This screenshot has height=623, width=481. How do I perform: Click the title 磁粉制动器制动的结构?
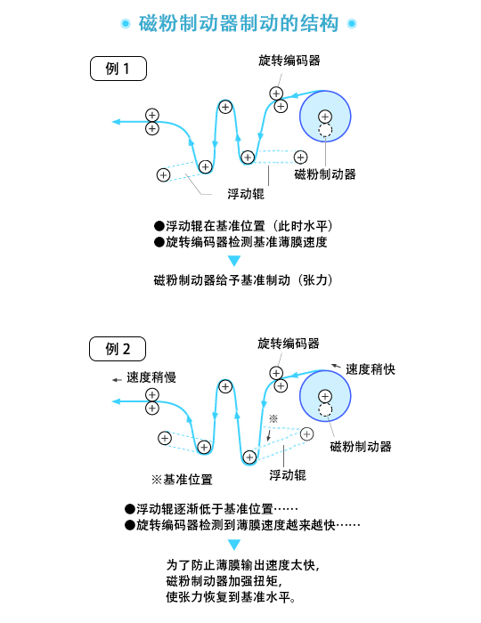pyautogui.click(x=239, y=23)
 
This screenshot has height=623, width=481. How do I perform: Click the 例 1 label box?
pyautogui.click(x=118, y=69)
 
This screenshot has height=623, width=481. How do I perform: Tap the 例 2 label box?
pyautogui.click(x=118, y=349)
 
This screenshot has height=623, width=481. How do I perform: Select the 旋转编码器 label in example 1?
pyautogui.click(x=289, y=61)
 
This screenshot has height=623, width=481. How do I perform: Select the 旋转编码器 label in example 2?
pyautogui.click(x=289, y=344)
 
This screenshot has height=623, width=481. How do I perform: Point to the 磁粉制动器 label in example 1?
pyautogui.click(x=325, y=174)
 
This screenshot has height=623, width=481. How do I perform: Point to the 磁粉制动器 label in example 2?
pyautogui.click(x=361, y=446)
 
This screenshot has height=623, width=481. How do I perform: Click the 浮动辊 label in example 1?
pyautogui.click(x=246, y=193)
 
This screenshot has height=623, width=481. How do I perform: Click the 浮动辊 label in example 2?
pyautogui.click(x=288, y=474)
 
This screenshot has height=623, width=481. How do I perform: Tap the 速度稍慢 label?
pyautogui.click(x=151, y=377)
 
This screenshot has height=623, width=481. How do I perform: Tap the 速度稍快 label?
pyautogui.click(x=371, y=369)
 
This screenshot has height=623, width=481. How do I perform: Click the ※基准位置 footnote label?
pyautogui.click(x=182, y=479)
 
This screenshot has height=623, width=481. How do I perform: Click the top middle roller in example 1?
pyautogui.click(x=225, y=107)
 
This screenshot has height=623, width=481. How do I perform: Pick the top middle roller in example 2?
pyautogui.click(x=225, y=386)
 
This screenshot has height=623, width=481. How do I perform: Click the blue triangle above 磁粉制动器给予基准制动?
pyautogui.click(x=234, y=261)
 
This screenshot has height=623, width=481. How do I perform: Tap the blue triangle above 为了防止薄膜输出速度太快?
pyautogui.click(x=234, y=545)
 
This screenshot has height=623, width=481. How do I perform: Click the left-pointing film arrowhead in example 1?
pyautogui.click(x=116, y=122)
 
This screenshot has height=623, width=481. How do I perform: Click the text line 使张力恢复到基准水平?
pyautogui.click(x=231, y=597)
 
